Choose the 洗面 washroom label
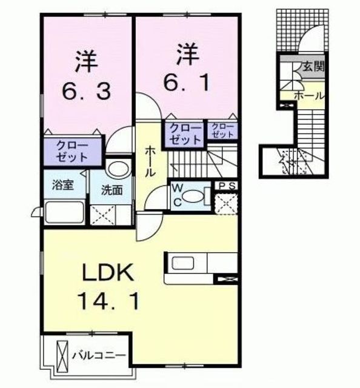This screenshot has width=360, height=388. tap(112, 189)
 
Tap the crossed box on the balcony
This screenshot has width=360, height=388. tap(61, 354)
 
